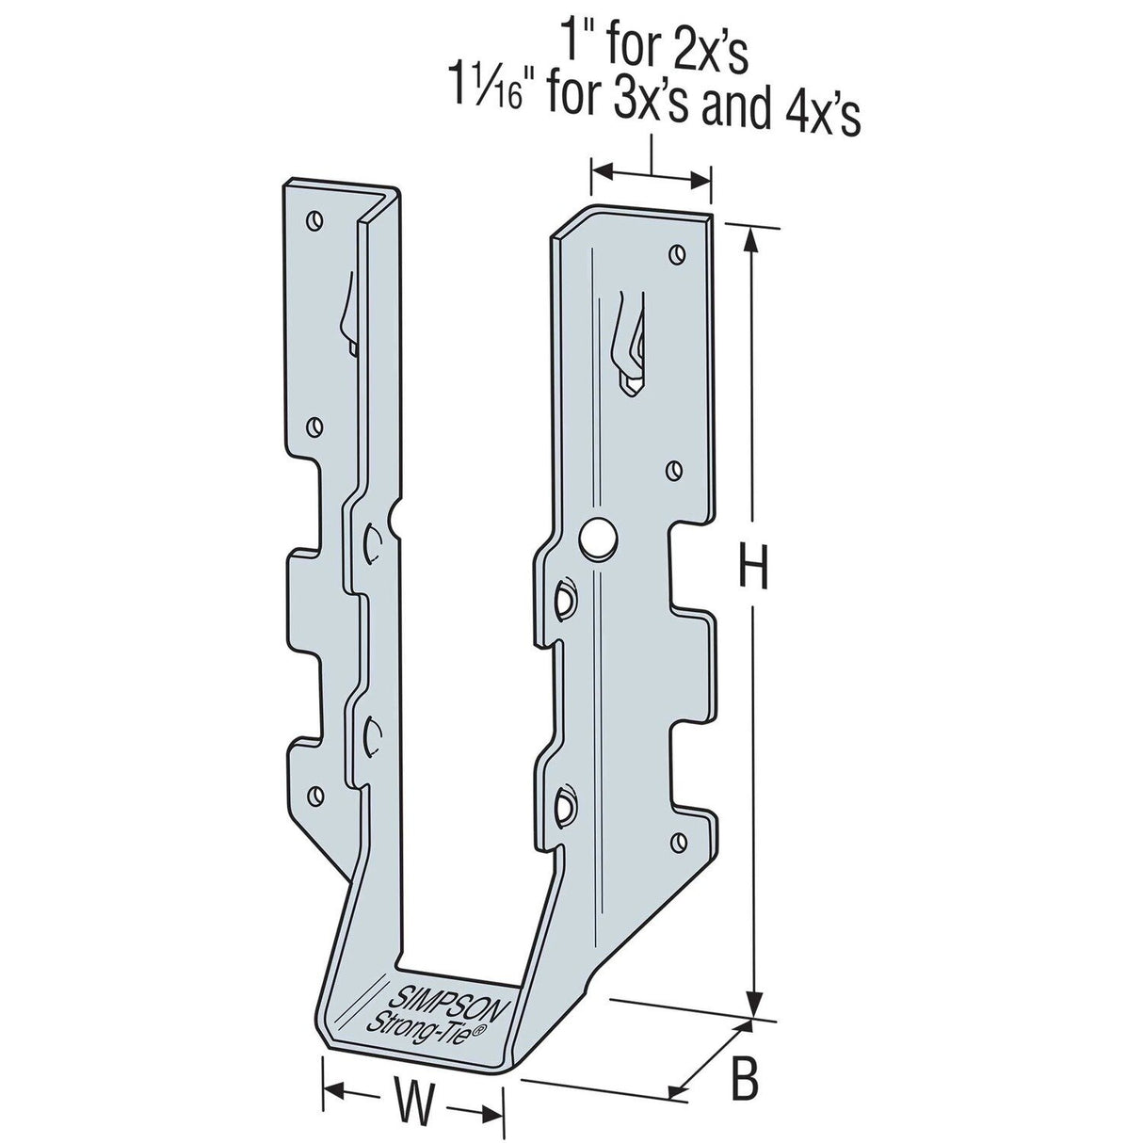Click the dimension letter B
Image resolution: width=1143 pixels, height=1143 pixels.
[x=745, y=1082]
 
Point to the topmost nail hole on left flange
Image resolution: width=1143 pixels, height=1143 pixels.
[x=314, y=221]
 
